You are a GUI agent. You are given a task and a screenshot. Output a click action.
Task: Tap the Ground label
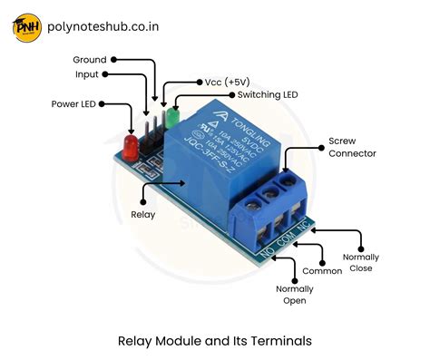tap(90, 59)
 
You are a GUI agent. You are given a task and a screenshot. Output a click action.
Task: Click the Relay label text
tap(143, 215)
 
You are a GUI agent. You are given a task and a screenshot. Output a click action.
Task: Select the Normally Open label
tap(296, 295)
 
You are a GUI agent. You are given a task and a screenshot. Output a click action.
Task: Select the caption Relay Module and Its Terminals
tap(215, 341)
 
